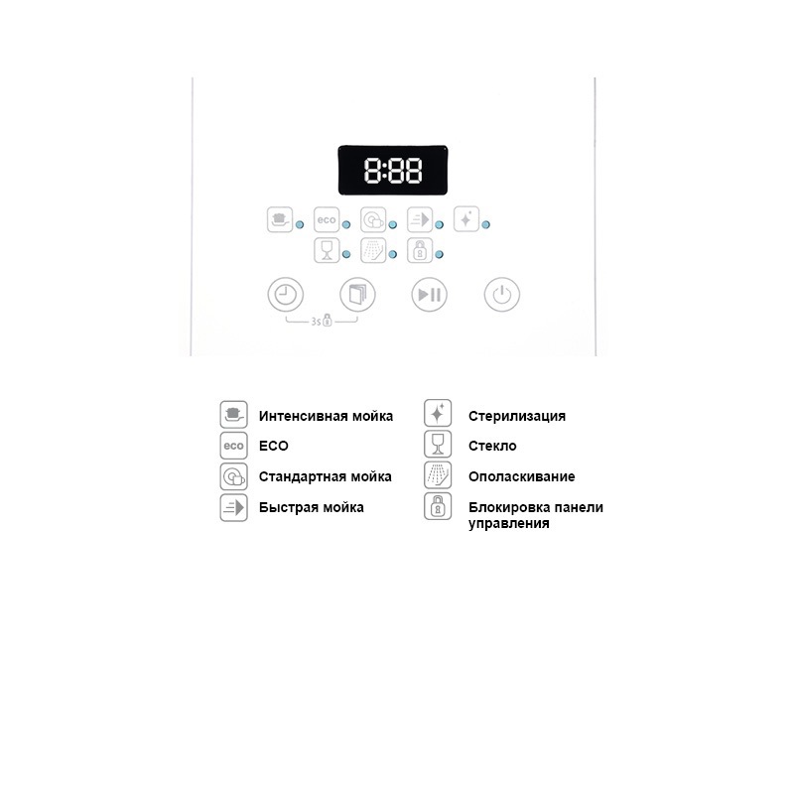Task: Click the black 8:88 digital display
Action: click(x=392, y=170)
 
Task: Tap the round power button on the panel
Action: click(x=502, y=294)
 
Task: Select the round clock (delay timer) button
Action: click(x=286, y=294)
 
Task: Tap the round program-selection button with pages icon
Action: click(x=357, y=294)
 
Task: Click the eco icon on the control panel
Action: click(x=327, y=219)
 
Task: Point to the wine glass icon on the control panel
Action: click(x=327, y=250)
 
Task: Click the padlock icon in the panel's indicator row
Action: click(x=420, y=250)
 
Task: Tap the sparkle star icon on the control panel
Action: click(x=466, y=219)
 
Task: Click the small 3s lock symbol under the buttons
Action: click(x=328, y=320)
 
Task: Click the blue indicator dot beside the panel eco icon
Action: click(x=346, y=225)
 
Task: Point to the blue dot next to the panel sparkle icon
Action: click(x=486, y=225)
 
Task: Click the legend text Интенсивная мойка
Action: click(x=326, y=416)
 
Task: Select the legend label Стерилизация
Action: click(x=517, y=416)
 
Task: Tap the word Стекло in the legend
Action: click(x=492, y=446)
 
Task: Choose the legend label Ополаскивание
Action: click(x=522, y=476)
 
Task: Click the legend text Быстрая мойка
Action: click(x=311, y=507)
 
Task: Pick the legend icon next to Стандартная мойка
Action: click(x=233, y=476)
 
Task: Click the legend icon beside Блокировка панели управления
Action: click(x=438, y=506)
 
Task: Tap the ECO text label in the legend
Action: click(x=274, y=446)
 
